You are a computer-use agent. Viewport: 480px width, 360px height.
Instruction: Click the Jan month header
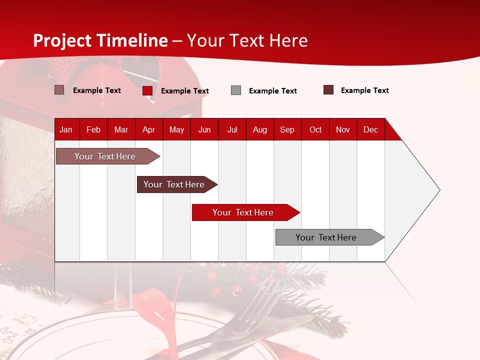66,129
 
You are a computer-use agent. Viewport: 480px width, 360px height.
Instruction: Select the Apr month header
149,129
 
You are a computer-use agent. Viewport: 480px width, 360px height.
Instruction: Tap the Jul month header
232,129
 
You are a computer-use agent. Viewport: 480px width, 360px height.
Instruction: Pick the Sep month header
287,129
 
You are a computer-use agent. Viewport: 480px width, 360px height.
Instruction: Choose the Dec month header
370,129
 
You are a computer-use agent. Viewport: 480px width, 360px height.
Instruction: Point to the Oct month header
315,129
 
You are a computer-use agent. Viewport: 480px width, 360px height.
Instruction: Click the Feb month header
93,129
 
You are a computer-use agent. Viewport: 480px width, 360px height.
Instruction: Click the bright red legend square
147,90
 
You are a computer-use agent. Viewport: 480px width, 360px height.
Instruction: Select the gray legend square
236,90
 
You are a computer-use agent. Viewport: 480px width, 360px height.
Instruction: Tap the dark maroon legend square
328,90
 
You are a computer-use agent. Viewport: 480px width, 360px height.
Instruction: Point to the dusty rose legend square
59,90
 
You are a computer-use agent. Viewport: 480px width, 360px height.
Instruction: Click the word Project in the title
62,40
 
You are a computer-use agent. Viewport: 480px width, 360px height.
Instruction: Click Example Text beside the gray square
273,91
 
